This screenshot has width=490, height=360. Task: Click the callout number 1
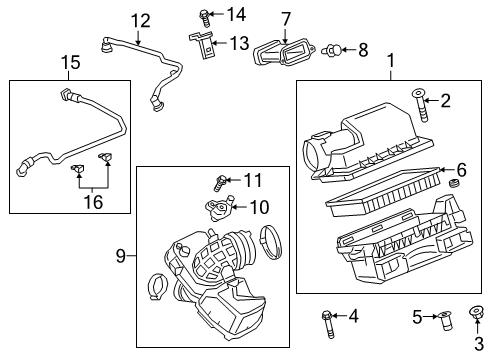pyautogui.click(x=389, y=63)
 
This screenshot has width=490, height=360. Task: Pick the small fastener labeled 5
pyautogui.click(x=446, y=320)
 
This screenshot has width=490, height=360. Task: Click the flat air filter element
pyautogui.click(x=380, y=189)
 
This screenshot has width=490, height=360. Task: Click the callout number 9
pyautogui.click(x=122, y=257)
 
